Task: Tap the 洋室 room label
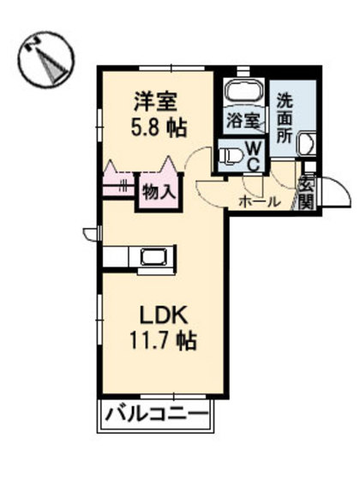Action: point(154,102)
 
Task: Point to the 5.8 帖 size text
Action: point(159,129)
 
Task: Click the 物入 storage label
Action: point(159,191)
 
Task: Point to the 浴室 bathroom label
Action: point(243,120)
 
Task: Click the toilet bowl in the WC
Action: point(231,155)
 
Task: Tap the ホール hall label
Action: point(258,202)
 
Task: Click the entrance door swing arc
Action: point(336,194)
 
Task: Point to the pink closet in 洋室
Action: point(120,180)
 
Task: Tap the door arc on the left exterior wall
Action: point(91,233)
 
